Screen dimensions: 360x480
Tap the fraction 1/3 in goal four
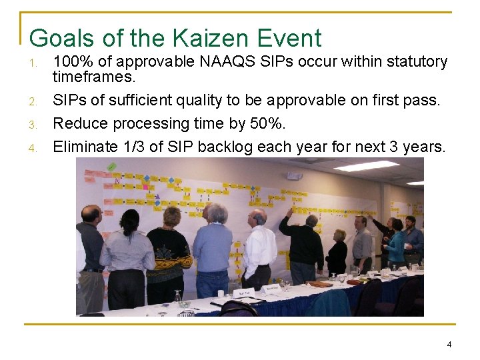point(136,146)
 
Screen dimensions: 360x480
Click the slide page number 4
point(449,345)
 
